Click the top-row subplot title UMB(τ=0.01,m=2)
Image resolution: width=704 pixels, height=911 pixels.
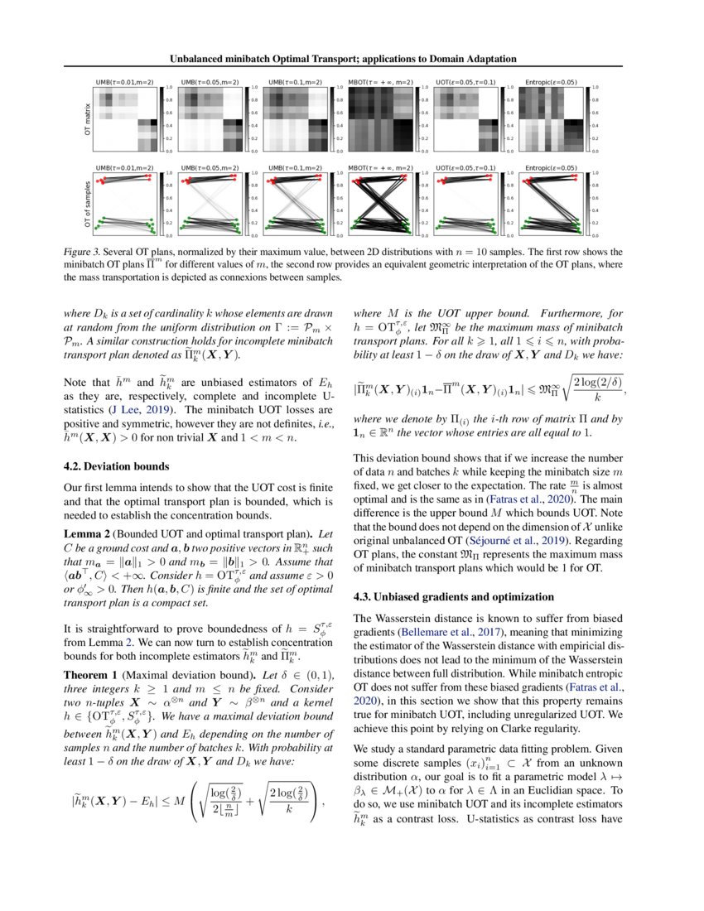tap(125, 83)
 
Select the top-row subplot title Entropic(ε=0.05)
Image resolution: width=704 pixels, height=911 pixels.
tap(551, 83)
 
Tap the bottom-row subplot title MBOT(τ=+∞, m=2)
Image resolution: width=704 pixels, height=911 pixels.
tap(381, 168)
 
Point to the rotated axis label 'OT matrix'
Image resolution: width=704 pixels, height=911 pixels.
tap(86, 119)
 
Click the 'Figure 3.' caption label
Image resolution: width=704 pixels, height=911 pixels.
tap(84, 251)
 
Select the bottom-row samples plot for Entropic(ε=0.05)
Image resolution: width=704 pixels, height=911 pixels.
tap(551, 204)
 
